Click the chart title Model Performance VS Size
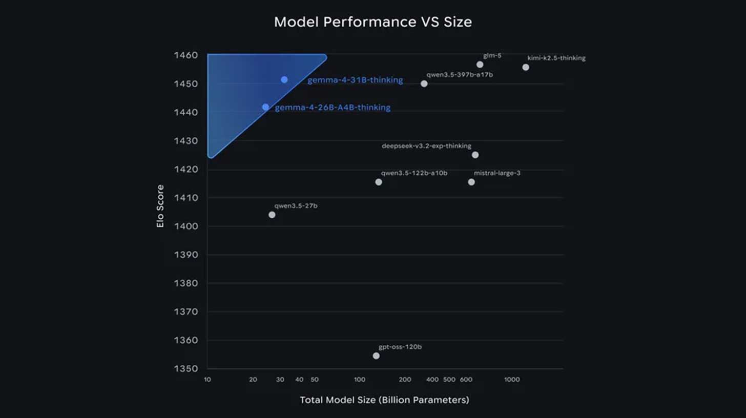coord(372,22)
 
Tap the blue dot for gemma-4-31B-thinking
coord(284,80)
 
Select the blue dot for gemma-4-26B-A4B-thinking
coord(265,107)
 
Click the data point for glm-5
coord(480,65)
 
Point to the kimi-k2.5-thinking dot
coord(526,68)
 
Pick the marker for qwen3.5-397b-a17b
coord(424,83)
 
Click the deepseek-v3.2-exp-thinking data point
coord(475,155)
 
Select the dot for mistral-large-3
coord(471,182)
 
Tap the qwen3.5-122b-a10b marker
coord(379,182)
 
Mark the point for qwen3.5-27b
coord(272,215)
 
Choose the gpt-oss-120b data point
coord(376,356)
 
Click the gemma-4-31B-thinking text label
coord(355,80)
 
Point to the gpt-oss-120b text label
coord(400,347)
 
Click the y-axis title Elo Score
coord(161,206)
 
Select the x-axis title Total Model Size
coord(384,400)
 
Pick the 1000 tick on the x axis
coord(512,380)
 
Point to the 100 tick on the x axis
coord(360,380)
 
